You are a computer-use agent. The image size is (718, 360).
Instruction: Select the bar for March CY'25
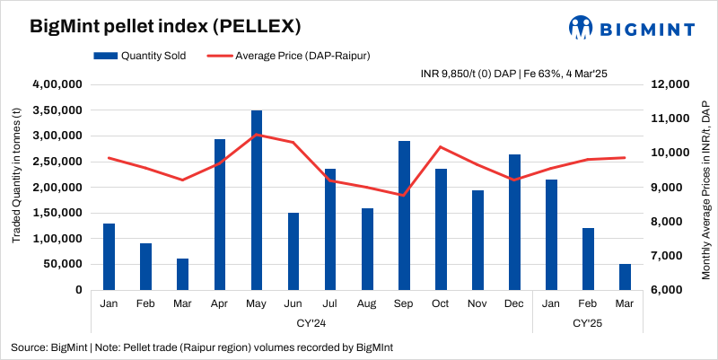[x=625, y=277]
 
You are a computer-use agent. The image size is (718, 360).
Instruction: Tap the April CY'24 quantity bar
[x=220, y=215]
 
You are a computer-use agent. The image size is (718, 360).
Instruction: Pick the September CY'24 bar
[x=404, y=215]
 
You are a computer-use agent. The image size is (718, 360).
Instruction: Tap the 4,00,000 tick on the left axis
[x=57, y=84]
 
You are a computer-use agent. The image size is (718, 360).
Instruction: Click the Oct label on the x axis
[x=441, y=303]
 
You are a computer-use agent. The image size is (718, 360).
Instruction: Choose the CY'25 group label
[x=588, y=321]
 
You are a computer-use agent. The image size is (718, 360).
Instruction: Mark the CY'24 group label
[x=311, y=321]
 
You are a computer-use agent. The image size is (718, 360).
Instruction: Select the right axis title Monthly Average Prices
[x=705, y=189]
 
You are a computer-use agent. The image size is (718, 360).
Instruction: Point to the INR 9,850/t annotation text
[x=514, y=73]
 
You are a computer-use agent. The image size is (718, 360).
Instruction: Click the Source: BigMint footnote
[x=202, y=347]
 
